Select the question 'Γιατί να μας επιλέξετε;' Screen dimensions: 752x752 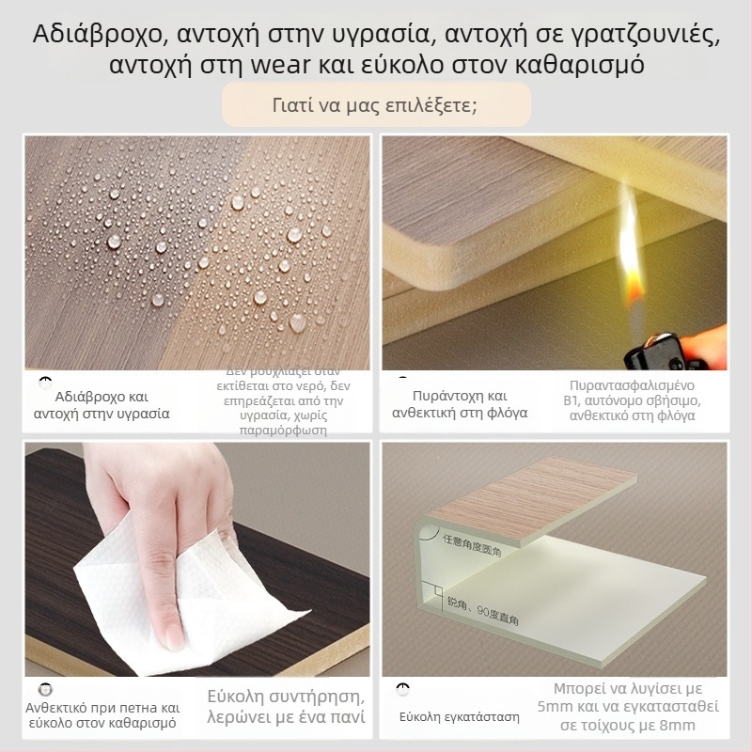pos(376,103)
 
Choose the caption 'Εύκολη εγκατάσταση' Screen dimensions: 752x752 pos(460,717)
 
